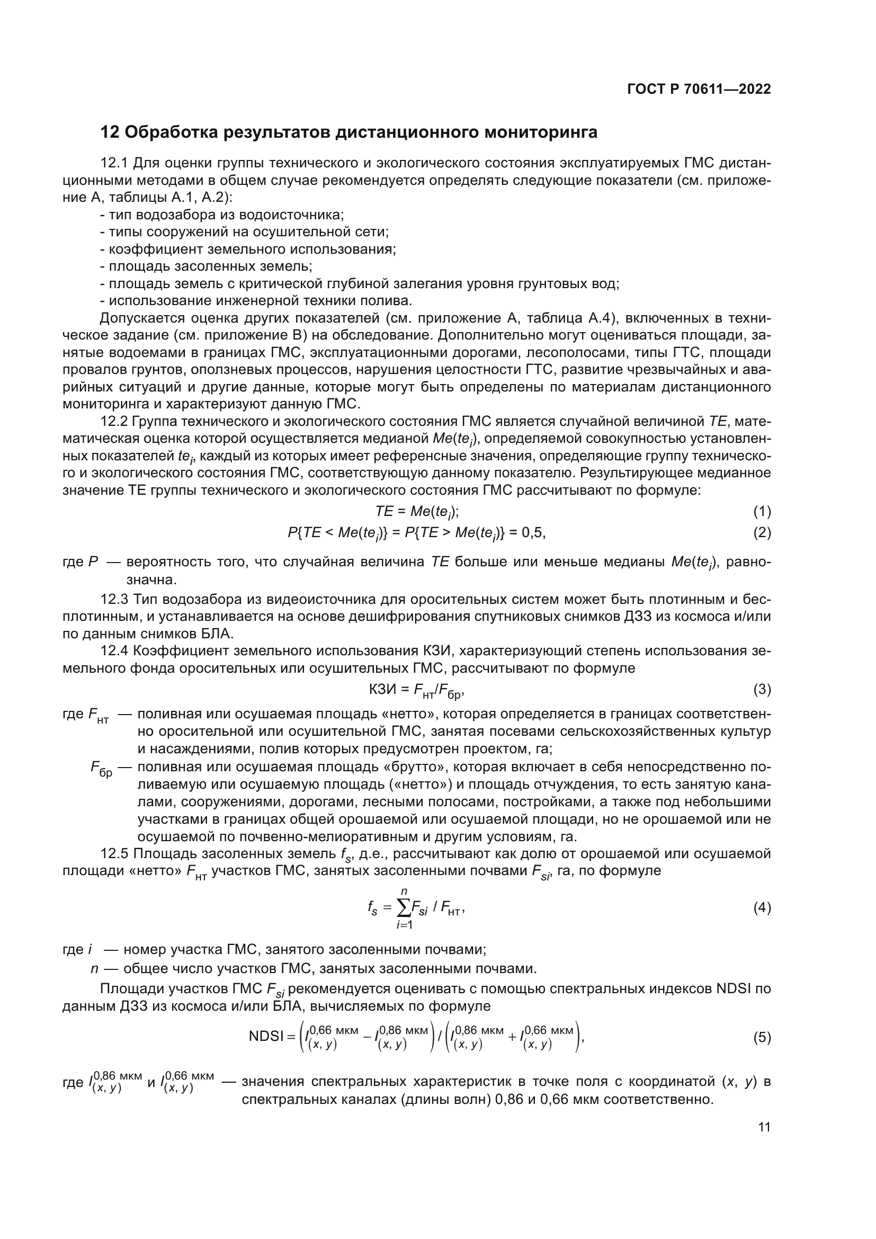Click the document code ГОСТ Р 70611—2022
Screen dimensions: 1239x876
[x=699, y=89]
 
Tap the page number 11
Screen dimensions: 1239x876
[x=764, y=1127]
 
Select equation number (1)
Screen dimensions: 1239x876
[x=762, y=512]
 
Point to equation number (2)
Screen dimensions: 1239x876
[x=762, y=533]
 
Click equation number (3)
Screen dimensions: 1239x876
[x=762, y=690]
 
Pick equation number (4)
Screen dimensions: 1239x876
[x=762, y=908]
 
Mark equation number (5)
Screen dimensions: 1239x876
[x=762, y=1038]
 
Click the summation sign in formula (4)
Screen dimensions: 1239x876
[x=404, y=908]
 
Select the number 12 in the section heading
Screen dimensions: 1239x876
[x=110, y=132]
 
